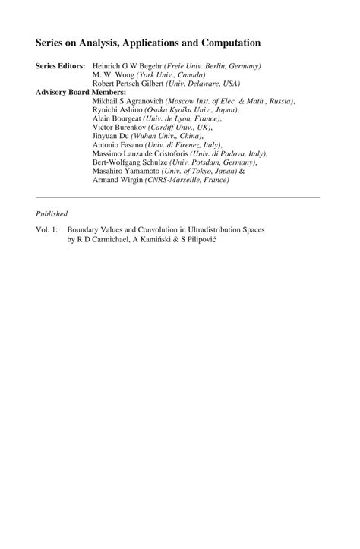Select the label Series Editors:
coord(62,67)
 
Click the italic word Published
coord(52,213)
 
